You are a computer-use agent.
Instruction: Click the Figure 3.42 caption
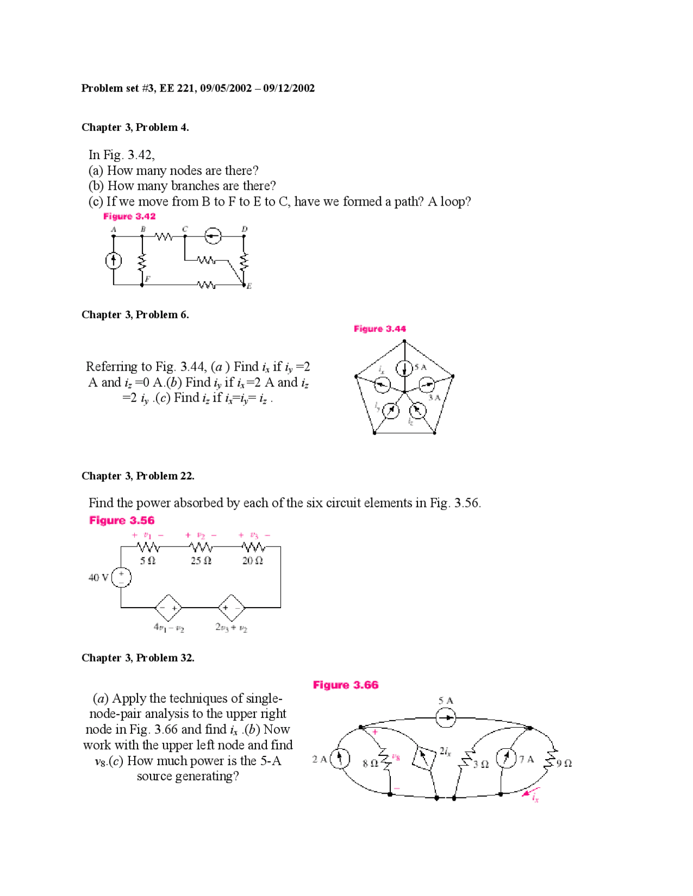click(x=129, y=216)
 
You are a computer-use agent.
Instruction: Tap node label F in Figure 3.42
click(x=147, y=279)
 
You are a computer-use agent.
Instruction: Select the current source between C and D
click(x=213, y=236)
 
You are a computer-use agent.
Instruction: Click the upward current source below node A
click(x=113, y=261)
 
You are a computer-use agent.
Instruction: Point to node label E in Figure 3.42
click(x=249, y=286)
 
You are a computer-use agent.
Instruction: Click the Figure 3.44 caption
click(x=380, y=329)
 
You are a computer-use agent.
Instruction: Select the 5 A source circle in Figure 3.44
click(x=404, y=368)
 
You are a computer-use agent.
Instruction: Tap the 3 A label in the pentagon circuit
click(x=434, y=397)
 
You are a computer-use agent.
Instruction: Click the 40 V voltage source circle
click(x=121, y=577)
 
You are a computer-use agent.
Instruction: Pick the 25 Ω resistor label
click(x=201, y=561)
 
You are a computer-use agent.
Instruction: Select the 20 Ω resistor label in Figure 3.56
click(x=252, y=561)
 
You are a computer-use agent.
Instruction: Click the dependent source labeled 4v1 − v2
click(x=168, y=608)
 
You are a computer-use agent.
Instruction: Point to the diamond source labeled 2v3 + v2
click(x=232, y=608)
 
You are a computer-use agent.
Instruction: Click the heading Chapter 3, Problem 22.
click(x=138, y=476)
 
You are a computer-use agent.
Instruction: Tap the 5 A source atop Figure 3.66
click(x=446, y=719)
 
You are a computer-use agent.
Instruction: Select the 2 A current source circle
click(x=339, y=758)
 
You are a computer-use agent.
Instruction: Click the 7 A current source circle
click(x=506, y=757)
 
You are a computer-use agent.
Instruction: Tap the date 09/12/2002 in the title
click(x=289, y=88)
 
